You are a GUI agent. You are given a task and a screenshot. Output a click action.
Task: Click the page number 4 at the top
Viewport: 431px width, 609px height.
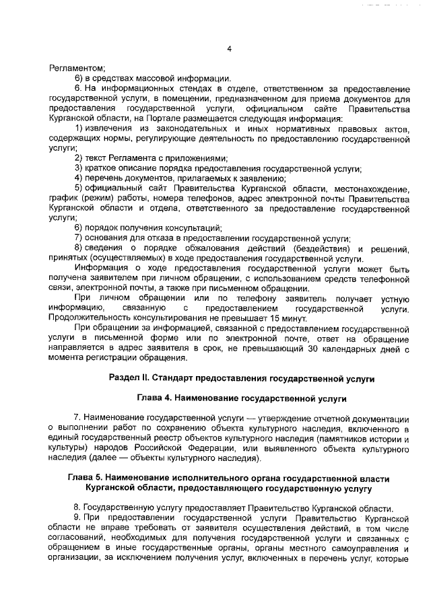[229, 48]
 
